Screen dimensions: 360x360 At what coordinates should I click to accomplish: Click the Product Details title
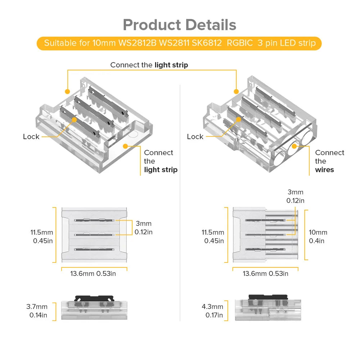[x=180, y=25]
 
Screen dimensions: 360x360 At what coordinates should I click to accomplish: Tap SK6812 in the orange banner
[x=207, y=43]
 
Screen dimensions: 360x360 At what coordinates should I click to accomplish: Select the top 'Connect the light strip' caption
[x=149, y=65]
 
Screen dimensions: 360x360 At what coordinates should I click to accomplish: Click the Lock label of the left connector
[x=31, y=137]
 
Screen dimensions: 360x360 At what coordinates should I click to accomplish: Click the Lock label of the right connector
[x=195, y=137]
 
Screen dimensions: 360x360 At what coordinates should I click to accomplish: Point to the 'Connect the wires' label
[x=330, y=161]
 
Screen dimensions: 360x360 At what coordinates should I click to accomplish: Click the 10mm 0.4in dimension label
[x=318, y=237]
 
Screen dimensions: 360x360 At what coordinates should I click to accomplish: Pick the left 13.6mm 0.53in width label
[x=93, y=274]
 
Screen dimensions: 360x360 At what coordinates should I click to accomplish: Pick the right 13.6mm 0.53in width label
[x=265, y=274]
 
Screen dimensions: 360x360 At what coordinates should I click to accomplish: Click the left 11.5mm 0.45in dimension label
[x=42, y=237]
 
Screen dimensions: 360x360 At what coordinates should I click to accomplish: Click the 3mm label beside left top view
[x=143, y=228]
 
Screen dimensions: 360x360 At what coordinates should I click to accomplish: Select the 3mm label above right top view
[x=295, y=197]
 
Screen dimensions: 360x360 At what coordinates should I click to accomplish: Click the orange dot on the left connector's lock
[x=74, y=119]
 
